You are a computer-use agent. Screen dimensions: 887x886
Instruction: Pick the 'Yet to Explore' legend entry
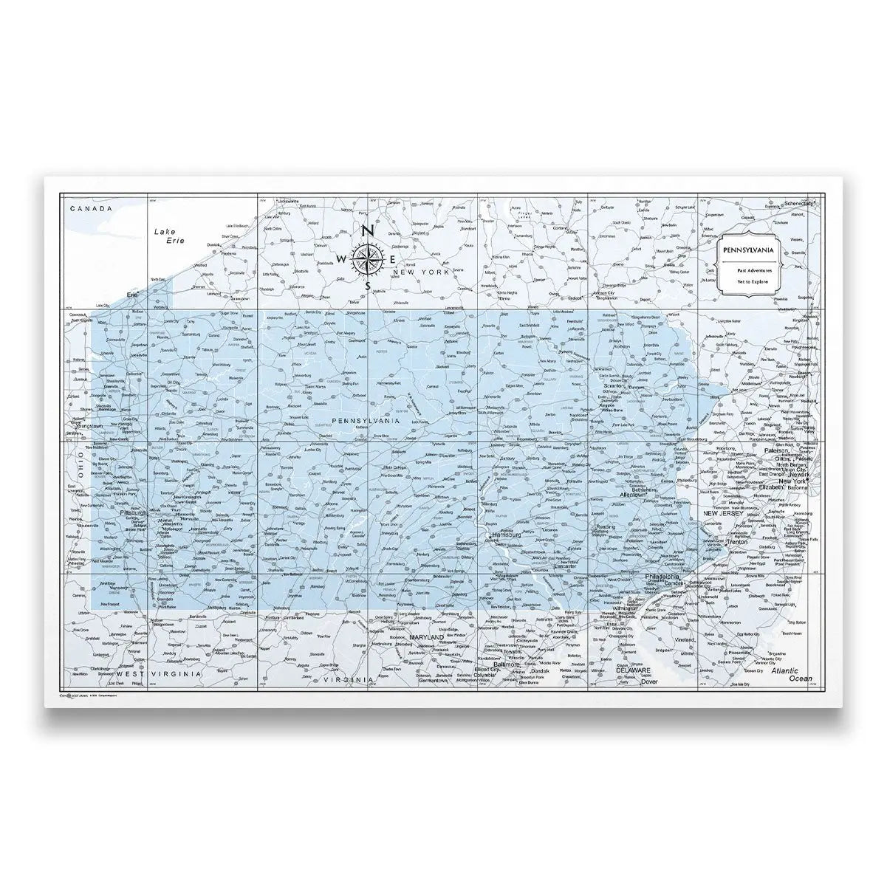(x=749, y=281)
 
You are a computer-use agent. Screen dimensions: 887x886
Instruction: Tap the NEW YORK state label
(x=421, y=273)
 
